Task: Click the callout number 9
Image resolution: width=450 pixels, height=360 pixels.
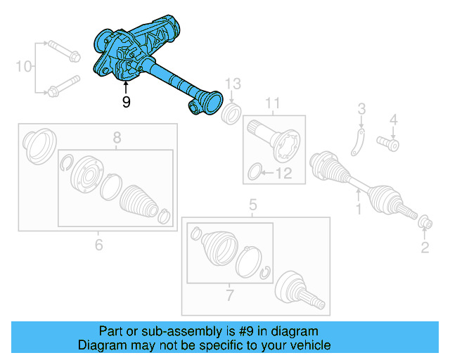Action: [126, 102]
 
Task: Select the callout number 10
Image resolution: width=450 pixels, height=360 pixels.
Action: [24, 67]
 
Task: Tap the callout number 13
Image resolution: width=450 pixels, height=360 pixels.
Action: [233, 84]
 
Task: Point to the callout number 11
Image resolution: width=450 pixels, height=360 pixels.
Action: [272, 105]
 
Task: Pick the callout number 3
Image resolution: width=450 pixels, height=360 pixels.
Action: [361, 108]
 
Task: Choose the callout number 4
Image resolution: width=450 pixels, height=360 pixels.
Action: [394, 119]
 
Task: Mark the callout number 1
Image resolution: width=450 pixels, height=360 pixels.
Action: [357, 209]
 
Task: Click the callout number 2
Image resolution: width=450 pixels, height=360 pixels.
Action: [424, 246]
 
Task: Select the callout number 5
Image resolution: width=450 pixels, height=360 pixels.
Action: [253, 205]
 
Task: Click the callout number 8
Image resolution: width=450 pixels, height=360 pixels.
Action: [117, 137]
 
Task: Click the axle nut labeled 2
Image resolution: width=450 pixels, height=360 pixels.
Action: [425, 223]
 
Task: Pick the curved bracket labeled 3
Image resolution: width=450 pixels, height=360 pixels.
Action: [358, 143]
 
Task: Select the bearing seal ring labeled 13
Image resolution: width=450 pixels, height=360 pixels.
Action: [230, 113]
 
